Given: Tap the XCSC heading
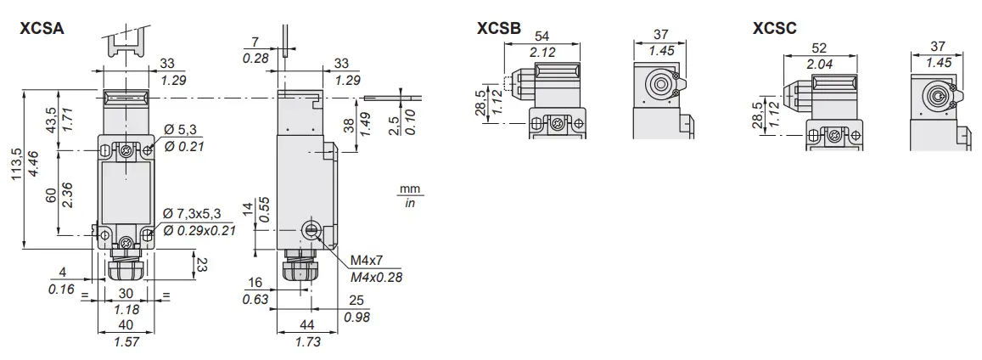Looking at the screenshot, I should tap(774, 29).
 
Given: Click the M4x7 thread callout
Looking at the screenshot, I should tap(364, 260).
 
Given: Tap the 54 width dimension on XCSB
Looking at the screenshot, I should tap(541, 35).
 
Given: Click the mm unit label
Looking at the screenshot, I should tap(410, 188).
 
